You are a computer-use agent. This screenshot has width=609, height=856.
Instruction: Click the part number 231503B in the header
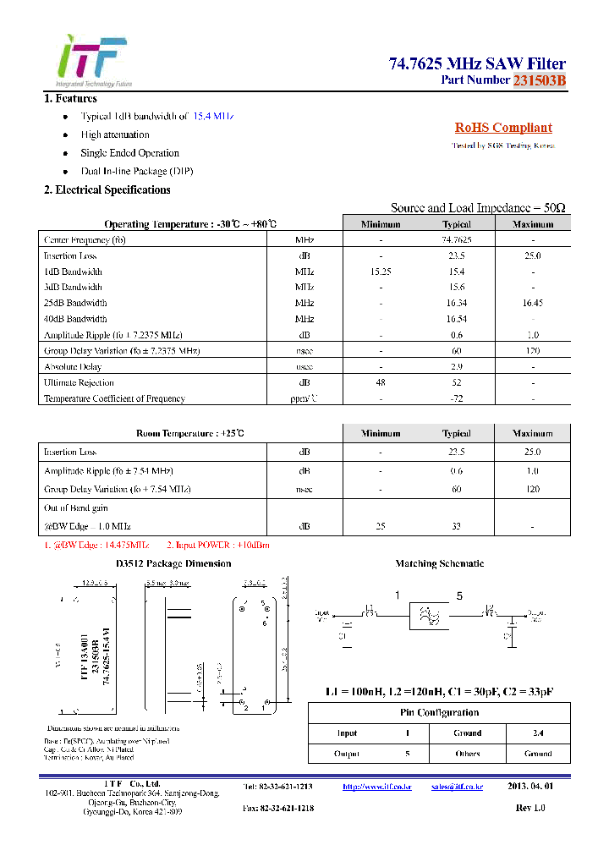539,80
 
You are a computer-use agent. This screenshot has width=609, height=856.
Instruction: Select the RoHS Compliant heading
503,128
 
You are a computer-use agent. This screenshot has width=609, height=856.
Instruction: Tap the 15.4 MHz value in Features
212,116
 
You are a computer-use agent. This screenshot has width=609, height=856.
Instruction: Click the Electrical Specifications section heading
107,189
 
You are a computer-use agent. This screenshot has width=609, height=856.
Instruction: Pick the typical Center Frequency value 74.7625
456,240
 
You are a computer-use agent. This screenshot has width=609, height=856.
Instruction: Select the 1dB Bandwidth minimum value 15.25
381,272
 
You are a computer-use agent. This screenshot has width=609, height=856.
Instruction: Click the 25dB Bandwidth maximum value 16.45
532,303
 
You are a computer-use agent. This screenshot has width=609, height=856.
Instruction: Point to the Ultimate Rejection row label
78,382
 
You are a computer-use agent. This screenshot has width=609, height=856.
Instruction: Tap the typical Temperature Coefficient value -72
456,398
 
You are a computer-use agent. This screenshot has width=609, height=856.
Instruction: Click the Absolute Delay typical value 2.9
456,367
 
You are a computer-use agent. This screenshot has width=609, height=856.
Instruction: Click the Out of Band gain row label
76,508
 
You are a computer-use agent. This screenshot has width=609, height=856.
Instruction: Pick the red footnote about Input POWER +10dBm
218,546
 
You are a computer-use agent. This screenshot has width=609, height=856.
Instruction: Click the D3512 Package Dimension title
173,563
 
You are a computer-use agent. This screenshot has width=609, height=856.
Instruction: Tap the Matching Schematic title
440,563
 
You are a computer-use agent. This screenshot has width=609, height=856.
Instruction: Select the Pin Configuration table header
439,713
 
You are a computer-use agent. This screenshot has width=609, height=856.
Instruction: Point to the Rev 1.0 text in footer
530,808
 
